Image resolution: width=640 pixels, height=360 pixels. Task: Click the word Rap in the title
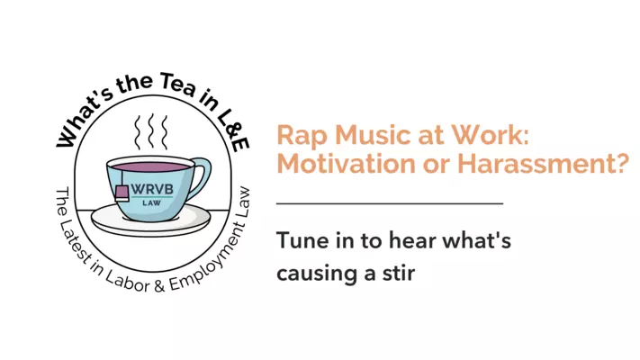(x=298, y=136)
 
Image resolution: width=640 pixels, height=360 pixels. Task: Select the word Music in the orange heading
(x=360, y=136)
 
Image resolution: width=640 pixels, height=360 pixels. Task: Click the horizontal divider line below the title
(x=389, y=203)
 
